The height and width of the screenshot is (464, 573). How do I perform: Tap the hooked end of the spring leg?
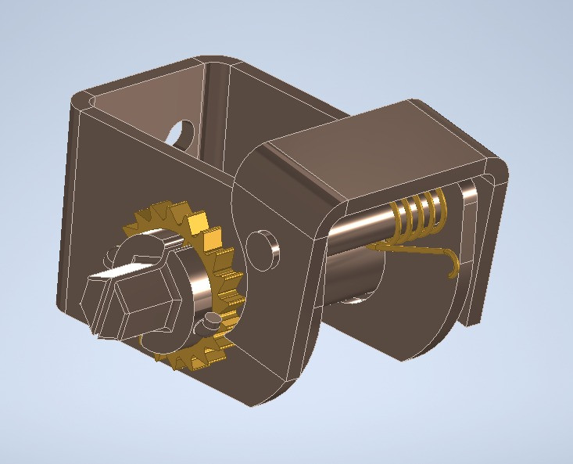[x=453, y=266]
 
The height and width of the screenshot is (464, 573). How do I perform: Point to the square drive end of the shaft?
[x=97, y=283]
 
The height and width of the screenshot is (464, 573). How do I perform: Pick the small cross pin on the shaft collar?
[x=210, y=319]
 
